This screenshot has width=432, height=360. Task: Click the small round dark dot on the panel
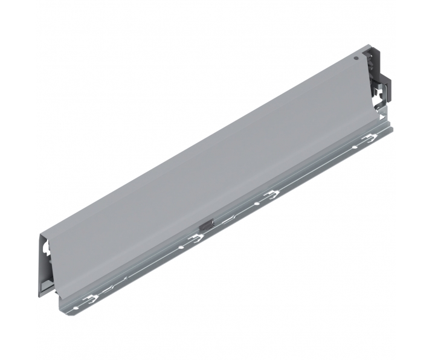[356, 59]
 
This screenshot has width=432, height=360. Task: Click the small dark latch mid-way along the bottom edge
[207, 223]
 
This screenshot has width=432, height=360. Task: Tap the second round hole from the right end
[259, 203]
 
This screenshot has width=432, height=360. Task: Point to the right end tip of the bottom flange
[392, 129]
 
